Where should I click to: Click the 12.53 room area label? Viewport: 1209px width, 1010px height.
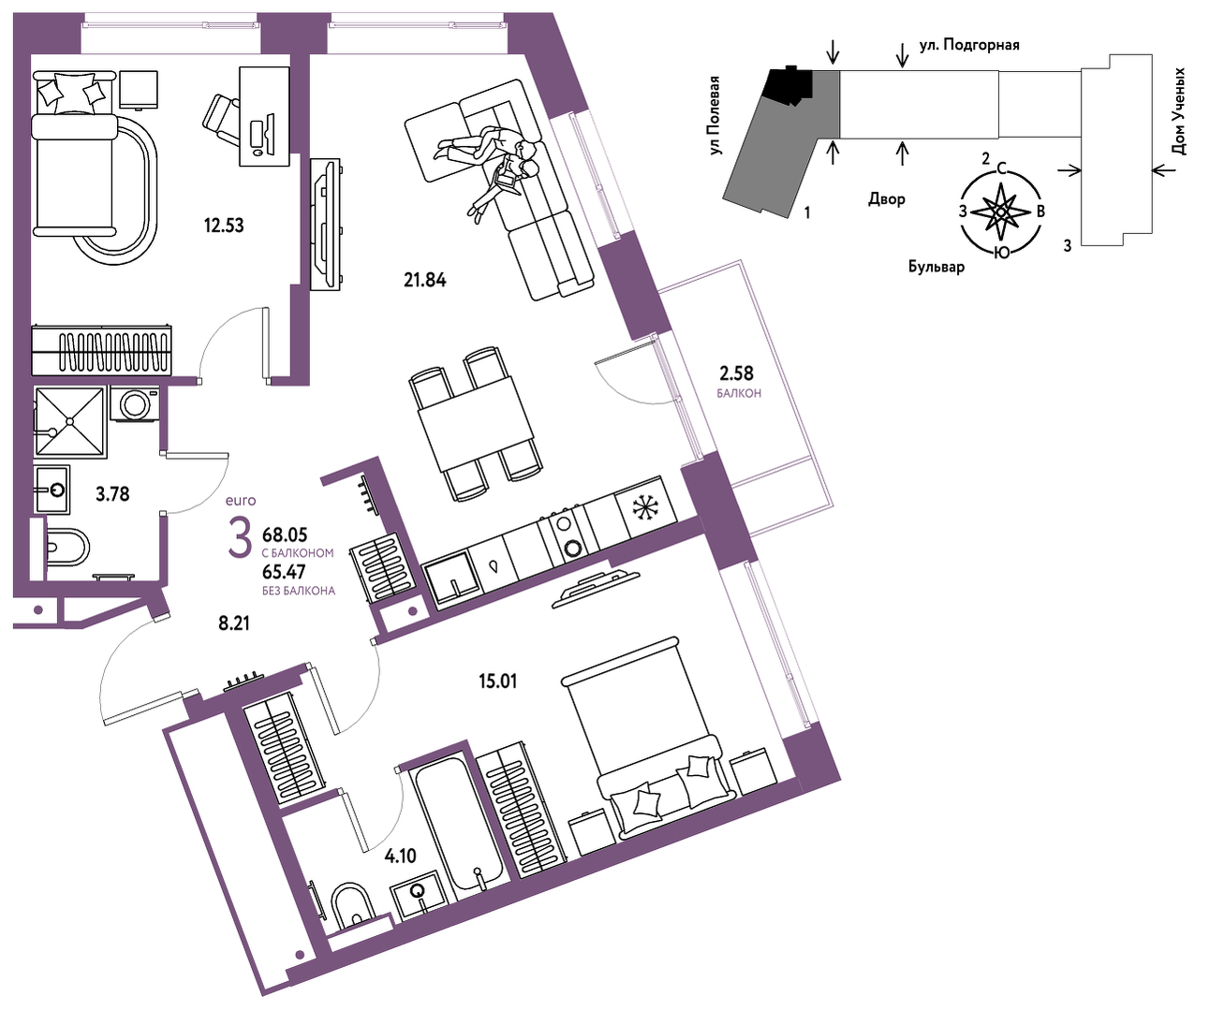pyautogui.click(x=224, y=226)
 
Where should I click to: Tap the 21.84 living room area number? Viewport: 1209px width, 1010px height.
pyautogui.click(x=425, y=280)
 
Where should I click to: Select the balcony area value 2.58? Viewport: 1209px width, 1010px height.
pyautogui.click(x=737, y=373)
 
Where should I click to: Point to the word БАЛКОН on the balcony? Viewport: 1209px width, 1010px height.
pyautogui.click(x=739, y=393)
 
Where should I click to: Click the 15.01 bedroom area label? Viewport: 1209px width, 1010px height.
pyautogui.click(x=498, y=681)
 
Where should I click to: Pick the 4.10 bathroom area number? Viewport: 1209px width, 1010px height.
pyautogui.click(x=400, y=856)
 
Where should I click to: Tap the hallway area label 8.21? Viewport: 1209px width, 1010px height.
pyautogui.click(x=234, y=623)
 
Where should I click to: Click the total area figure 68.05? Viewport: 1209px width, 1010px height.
pyautogui.click(x=285, y=534)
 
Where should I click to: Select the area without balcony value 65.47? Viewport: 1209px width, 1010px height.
pyautogui.click(x=284, y=572)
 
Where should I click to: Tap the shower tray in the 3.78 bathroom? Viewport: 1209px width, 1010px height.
pyautogui.click(x=70, y=421)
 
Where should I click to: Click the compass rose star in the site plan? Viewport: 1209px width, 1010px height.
pyautogui.click(x=1000, y=212)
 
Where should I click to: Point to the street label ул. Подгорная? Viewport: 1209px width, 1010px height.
pyautogui.click(x=969, y=45)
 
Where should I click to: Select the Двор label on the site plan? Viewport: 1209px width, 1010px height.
pyautogui.click(x=887, y=199)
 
